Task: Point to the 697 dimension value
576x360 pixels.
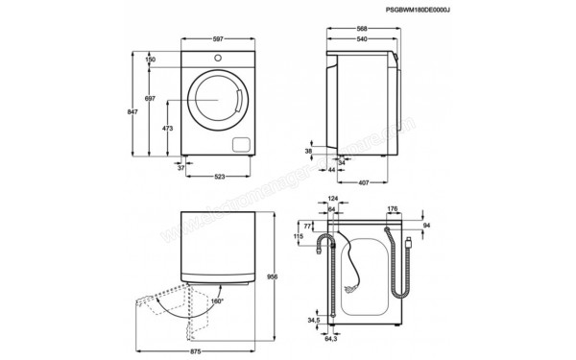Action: tap(150, 100)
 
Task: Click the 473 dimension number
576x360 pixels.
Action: tap(167, 128)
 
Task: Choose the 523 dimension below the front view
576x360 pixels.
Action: tap(219, 176)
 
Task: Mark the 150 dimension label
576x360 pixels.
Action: tap(151, 60)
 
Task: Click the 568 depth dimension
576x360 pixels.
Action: tap(363, 27)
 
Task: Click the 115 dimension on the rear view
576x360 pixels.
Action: tap(299, 236)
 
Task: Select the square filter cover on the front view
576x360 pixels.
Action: tap(240, 145)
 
